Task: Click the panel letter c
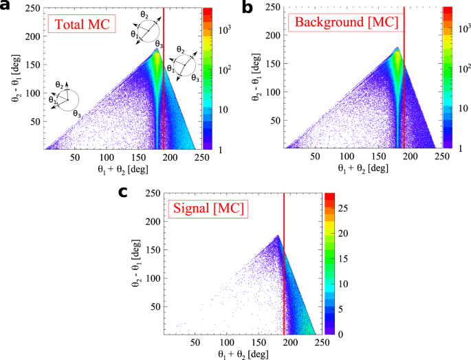tap(124, 191)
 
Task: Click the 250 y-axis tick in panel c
tap(153, 195)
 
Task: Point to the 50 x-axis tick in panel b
tap(316, 156)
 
